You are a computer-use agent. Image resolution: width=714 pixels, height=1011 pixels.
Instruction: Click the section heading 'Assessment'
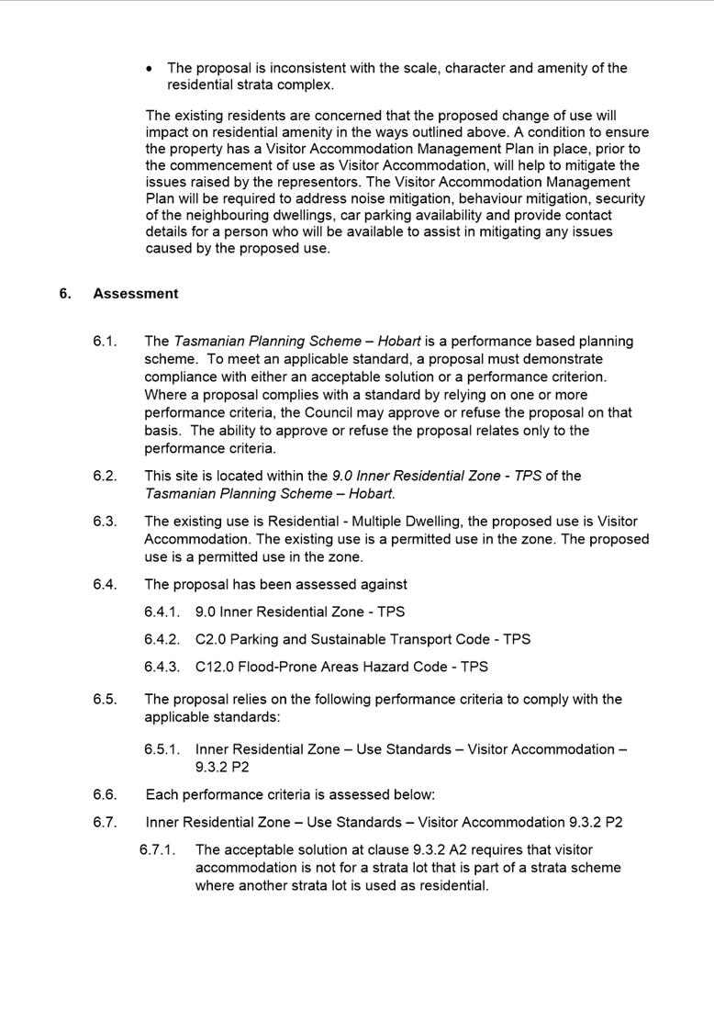pyautogui.click(x=135, y=294)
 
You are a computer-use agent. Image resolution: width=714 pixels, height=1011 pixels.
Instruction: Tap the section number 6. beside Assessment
pyautogui.click(x=64, y=294)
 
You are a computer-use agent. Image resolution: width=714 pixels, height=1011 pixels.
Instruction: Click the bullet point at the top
pyautogui.click(x=151, y=69)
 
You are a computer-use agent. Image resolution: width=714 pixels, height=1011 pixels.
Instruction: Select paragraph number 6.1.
pyautogui.click(x=105, y=342)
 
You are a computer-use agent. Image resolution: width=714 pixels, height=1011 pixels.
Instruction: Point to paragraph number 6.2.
pyautogui.click(x=105, y=476)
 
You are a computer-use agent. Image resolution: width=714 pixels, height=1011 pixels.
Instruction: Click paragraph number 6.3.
pyautogui.click(x=105, y=522)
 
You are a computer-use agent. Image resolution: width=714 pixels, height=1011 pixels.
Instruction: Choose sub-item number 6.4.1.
pyautogui.click(x=162, y=612)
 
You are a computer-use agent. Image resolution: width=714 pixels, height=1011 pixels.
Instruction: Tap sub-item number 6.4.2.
pyautogui.click(x=162, y=639)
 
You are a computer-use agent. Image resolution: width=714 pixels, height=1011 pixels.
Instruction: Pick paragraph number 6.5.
pyautogui.click(x=105, y=700)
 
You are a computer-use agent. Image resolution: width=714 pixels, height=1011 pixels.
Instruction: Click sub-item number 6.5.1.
pyautogui.click(x=162, y=749)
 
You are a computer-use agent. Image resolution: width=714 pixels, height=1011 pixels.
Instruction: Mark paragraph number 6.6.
pyautogui.click(x=105, y=795)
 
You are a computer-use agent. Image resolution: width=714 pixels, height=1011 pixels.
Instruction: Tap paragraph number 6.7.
pyautogui.click(x=105, y=823)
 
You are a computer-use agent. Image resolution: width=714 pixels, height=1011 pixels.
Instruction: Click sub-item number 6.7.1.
pyautogui.click(x=158, y=850)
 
